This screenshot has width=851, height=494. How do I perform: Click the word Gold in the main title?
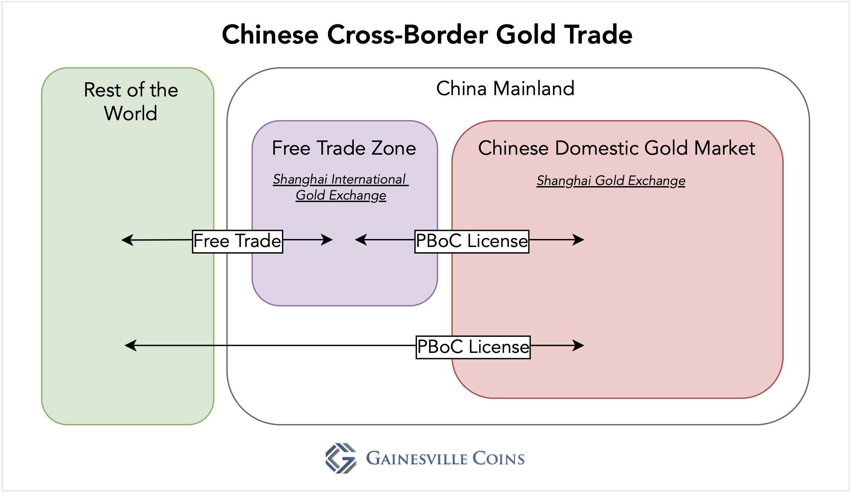tap(525, 35)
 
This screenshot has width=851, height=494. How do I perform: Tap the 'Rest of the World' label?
tap(131, 101)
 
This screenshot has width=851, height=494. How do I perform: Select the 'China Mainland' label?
tap(505, 88)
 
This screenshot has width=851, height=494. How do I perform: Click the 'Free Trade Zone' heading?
tap(344, 148)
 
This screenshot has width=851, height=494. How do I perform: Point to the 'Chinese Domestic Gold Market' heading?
tap(617, 148)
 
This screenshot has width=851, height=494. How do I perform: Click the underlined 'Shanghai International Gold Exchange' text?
tap(341, 187)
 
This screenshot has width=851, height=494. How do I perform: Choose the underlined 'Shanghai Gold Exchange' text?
tap(611, 181)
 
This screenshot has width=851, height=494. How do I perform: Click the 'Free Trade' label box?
tap(237, 241)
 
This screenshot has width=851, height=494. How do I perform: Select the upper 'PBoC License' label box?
tap(472, 241)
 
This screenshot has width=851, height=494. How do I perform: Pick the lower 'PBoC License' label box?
tap(473, 347)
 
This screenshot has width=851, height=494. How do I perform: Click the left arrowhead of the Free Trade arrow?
tap(127, 240)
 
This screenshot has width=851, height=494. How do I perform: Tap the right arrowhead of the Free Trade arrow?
tap(327, 240)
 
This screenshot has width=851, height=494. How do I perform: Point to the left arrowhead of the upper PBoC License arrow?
tap(361, 240)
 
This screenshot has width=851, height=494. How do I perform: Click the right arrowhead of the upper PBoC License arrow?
tap(578, 240)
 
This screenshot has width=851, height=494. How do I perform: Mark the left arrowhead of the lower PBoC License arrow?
tap(130, 346)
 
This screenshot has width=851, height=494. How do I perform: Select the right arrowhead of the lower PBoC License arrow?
tap(578, 346)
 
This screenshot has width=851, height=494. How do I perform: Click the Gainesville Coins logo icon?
tap(341, 458)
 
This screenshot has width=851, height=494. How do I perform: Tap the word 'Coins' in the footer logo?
tap(499, 458)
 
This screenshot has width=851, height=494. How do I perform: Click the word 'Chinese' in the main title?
tap(270, 35)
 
